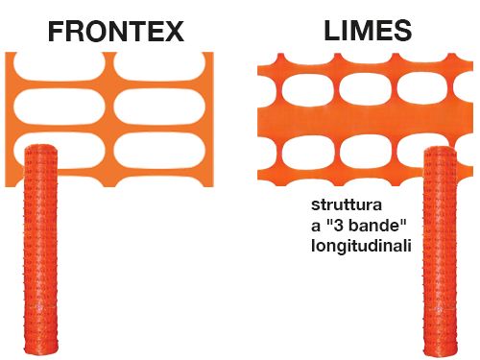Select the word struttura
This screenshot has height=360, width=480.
(x=345, y=206)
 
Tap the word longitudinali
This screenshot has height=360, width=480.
(x=362, y=247)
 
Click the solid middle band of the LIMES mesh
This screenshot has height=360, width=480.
(x=365, y=123)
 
